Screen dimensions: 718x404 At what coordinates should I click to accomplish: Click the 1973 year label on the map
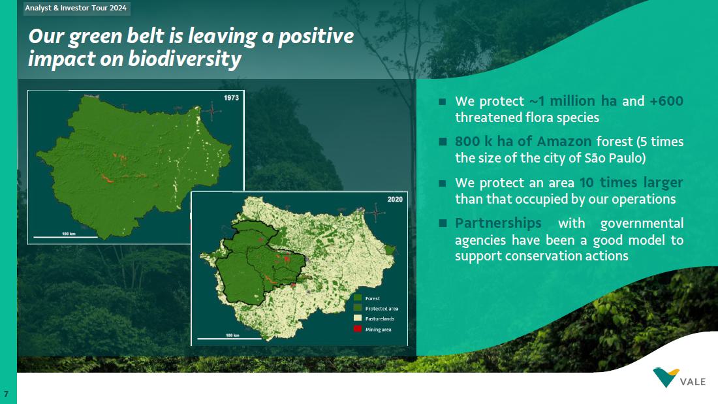[x=231, y=97]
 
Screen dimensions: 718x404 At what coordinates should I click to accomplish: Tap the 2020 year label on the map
[x=395, y=199]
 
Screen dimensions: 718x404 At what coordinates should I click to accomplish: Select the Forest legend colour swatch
[x=358, y=298]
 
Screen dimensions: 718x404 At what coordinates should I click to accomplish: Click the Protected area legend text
[x=381, y=309]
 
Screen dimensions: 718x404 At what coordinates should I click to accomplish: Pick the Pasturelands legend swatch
[x=358, y=319]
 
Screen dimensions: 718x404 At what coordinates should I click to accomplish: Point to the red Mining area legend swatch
[x=358, y=329]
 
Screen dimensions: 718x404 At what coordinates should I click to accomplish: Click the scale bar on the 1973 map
[x=65, y=237]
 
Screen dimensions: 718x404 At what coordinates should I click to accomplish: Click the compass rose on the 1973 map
[x=212, y=110]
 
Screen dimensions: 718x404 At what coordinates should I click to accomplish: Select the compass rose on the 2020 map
[x=376, y=213]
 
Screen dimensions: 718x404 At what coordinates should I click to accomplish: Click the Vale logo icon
[x=666, y=377]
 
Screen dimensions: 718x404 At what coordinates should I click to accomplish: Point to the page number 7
[x=6, y=394]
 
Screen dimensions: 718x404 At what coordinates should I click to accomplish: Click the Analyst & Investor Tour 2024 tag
[x=76, y=8]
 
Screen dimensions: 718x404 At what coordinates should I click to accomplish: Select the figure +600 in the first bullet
[x=666, y=101]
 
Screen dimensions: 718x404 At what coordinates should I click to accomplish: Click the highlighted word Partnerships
[x=498, y=223]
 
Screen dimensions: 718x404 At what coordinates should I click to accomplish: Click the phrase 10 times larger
[x=631, y=183]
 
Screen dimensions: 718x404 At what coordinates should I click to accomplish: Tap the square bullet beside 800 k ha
[x=443, y=142]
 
